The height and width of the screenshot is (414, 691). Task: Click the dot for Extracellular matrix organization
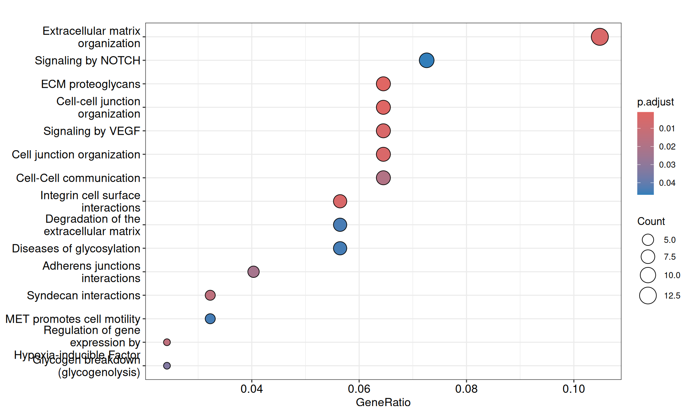click(x=600, y=37)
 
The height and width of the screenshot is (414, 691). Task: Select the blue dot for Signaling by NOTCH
click(x=426, y=60)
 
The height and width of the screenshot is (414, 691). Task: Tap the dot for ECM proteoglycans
click(x=383, y=84)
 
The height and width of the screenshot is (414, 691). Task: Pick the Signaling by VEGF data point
click(x=383, y=131)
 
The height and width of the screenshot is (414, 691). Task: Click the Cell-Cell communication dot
click(x=383, y=178)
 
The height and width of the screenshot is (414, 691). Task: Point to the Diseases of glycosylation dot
click(x=340, y=248)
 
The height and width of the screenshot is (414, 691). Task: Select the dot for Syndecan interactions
click(x=210, y=295)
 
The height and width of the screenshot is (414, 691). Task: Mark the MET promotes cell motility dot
click(x=210, y=319)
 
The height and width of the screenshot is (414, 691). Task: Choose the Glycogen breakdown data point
click(x=167, y=365)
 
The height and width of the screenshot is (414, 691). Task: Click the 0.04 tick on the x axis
click(x=252, y=389)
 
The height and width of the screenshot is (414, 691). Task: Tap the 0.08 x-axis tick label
click(x=466, y=389)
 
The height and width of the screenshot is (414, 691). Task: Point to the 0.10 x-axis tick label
click(x=574, y=389)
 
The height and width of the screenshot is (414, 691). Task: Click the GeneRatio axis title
click(x=383, y=402)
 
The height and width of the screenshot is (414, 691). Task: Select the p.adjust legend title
click(x=655, y=102)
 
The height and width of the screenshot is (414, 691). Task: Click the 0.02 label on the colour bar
click(x=667, y=147)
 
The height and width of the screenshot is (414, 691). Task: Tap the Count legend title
click(x=651, y=221)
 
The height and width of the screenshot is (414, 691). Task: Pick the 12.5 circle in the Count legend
click(x=648, y=296)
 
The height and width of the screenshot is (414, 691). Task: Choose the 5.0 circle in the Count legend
click(x=648, y=240)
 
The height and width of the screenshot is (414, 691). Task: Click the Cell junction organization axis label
click(x=76, y=155)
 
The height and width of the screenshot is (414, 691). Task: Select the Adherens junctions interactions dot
click(x=253, y=272)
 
